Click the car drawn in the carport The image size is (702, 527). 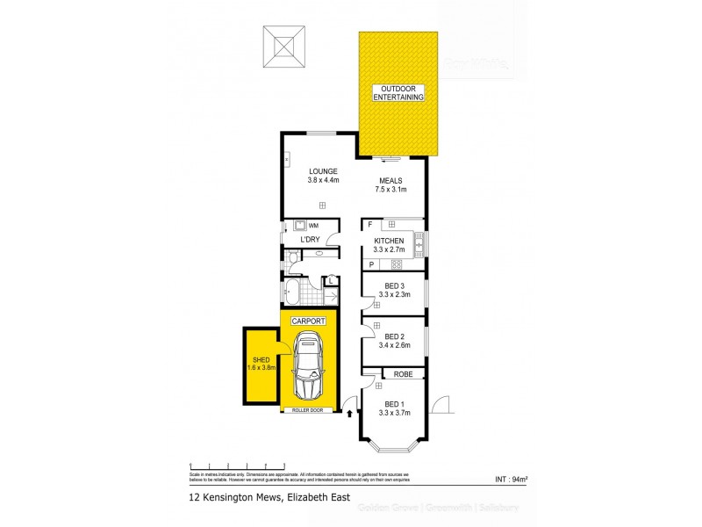click(309, 370)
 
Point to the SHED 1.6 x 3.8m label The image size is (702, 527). click(261, 364)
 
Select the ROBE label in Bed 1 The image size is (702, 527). click(403, 373)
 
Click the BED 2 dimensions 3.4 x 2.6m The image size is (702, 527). click(393, 341)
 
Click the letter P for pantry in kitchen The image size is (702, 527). click(370, 264)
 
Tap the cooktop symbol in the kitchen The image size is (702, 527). click(396, 263)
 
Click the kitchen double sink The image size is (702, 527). click(419, 242)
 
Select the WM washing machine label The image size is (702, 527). click(313, 226)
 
